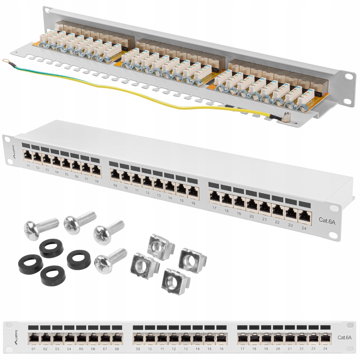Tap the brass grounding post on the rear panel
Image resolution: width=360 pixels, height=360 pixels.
(286, 117)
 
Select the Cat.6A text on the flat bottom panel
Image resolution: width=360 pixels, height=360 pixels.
(344, 337)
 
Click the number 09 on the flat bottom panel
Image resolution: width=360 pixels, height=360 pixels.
(138, 349)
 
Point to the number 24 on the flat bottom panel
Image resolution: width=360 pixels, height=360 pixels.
(325, 349)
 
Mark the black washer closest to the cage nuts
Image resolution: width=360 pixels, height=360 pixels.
(79, 260)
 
